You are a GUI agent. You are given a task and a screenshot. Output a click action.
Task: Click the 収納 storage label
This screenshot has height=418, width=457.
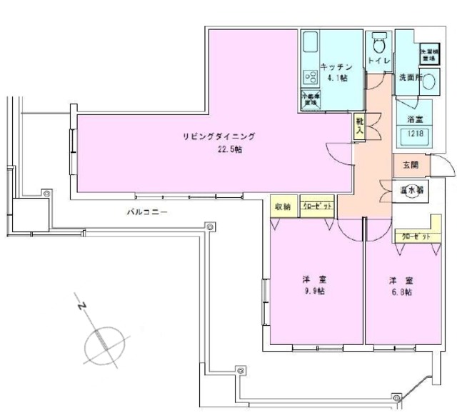(283, 206)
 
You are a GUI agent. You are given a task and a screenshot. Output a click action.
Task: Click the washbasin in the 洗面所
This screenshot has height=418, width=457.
(428, 81)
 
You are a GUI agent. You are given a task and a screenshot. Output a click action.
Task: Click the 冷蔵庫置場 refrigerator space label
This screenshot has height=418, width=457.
(310, 98)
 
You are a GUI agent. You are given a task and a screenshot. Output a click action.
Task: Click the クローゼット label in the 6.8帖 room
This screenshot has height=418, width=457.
(416, 235)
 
